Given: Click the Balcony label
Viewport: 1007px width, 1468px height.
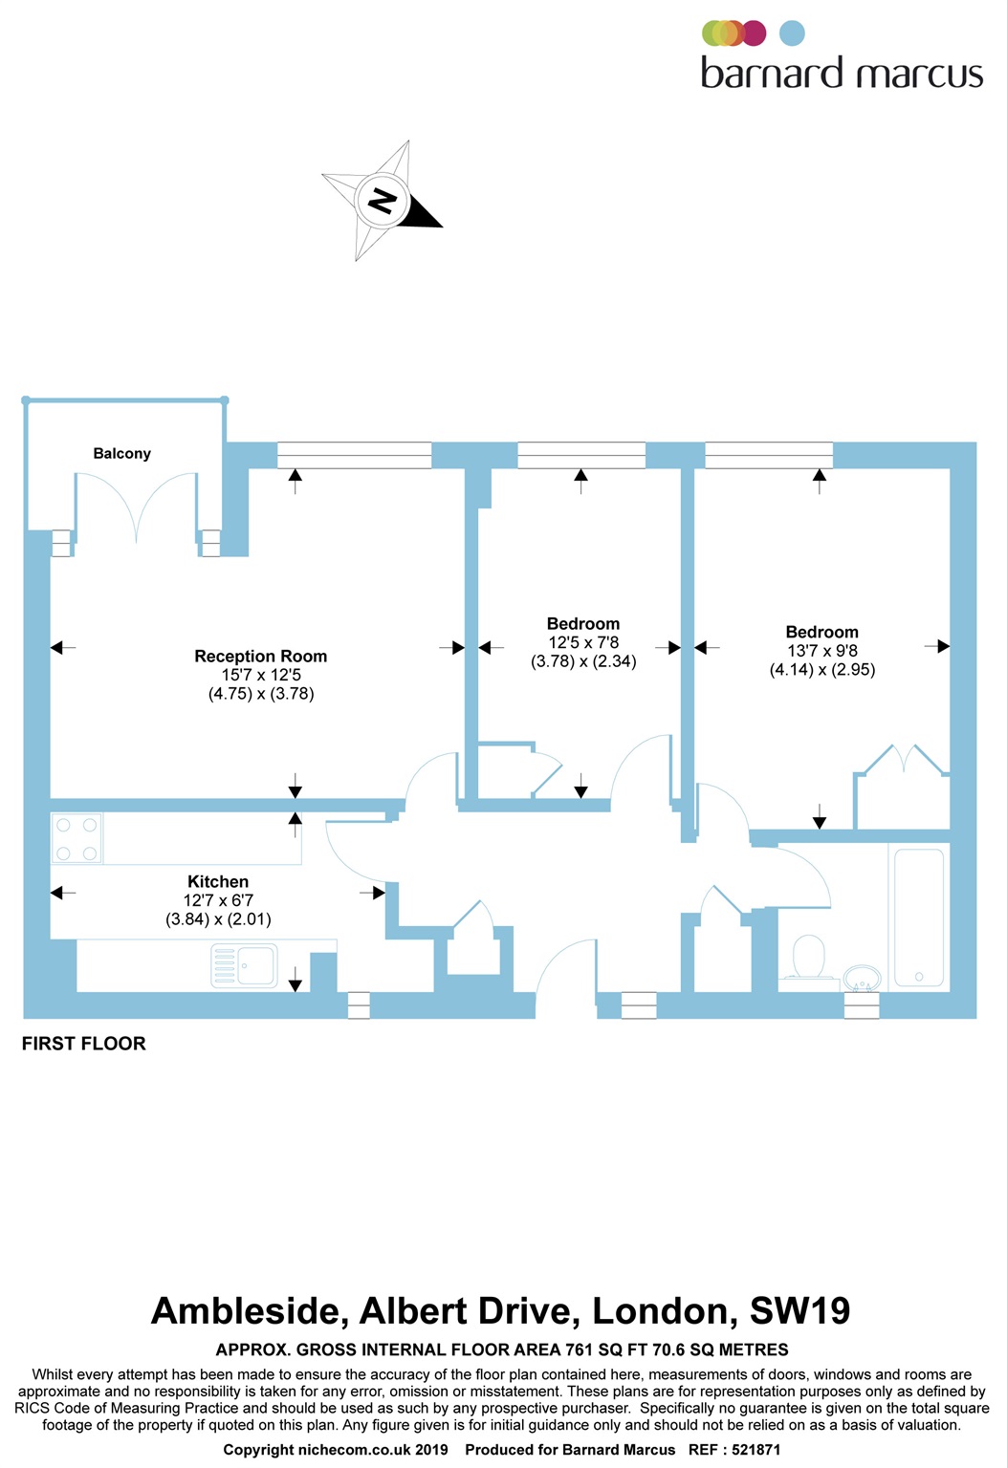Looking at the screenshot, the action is pos(121,453).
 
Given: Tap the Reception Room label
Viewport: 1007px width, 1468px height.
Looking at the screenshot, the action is pos(260,657).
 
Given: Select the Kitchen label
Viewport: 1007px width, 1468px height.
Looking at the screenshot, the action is pos(218,882).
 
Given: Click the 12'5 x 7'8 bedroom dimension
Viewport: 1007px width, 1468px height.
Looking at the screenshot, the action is pos(583,642).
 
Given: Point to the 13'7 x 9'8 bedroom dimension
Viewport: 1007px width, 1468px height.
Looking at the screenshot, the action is pos(822,651).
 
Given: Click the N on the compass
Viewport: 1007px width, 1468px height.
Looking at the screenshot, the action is pos(382,201).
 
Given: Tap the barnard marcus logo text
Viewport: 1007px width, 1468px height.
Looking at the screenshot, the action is pos(842,74).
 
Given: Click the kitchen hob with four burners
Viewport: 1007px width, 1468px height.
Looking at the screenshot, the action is pos(77,838).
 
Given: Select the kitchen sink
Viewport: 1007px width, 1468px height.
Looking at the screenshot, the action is pos(245,965).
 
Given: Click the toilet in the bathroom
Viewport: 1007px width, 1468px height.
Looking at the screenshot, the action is pos(809,958).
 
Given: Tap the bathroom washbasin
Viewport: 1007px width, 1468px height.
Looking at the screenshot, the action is pos(863,978).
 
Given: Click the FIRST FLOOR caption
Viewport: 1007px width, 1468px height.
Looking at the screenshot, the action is pos(84,1044).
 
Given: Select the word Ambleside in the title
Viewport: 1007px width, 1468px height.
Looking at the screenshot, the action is pos(249,1311).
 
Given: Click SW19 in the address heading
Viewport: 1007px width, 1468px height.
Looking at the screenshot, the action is pos(799,1311).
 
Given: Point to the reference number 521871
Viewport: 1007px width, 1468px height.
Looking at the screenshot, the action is pos(755,1450).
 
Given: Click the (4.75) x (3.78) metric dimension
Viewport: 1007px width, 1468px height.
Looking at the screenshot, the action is pos(261,694).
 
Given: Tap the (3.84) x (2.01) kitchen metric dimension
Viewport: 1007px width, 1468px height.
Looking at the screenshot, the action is pos(218,919).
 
